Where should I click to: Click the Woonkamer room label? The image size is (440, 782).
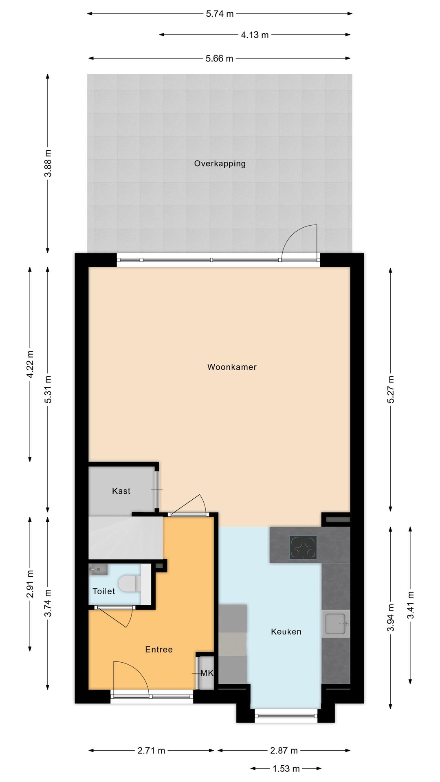point(232,367)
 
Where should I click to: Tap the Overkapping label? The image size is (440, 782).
point(220,164)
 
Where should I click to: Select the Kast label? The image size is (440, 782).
point(121,491)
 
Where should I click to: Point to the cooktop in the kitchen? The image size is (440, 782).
point(303,547)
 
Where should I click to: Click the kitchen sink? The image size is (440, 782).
point(336,623)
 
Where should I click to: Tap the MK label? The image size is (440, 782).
point(207,673)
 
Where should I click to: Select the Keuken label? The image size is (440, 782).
point(286,632)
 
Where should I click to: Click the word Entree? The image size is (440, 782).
point(159,650)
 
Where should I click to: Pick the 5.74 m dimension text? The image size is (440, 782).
point(220,14)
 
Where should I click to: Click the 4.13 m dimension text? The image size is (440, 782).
point(255,35)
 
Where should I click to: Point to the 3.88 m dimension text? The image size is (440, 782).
point(48,163)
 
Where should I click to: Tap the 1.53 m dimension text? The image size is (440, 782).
point(286,769)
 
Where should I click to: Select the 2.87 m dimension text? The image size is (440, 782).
point(284,750)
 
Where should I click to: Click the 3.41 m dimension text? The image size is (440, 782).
point(411,605)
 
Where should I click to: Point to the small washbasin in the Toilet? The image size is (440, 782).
point(98,569)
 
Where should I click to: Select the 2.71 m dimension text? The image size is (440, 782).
point(151,750)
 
